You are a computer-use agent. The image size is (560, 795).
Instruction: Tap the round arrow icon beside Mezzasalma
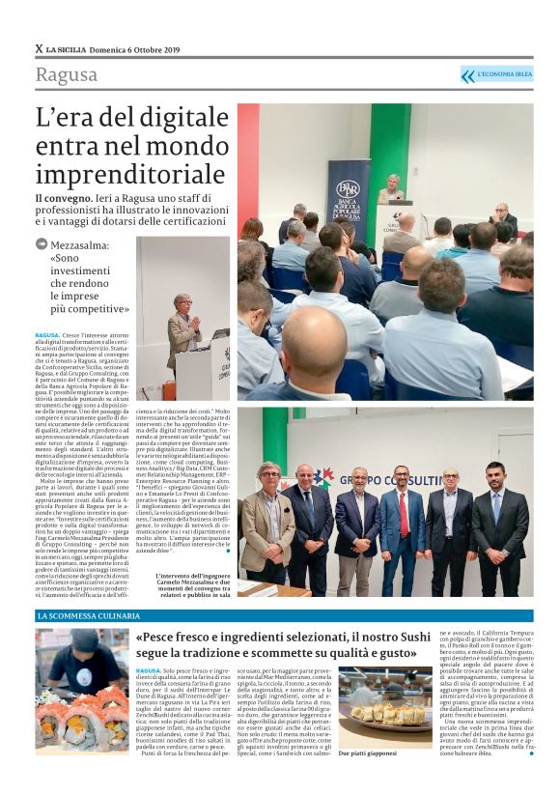pyautogui.click(x=41, y=245)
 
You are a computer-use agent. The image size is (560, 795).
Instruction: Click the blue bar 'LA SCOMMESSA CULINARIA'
pyautogui.click(x=87, y=615)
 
